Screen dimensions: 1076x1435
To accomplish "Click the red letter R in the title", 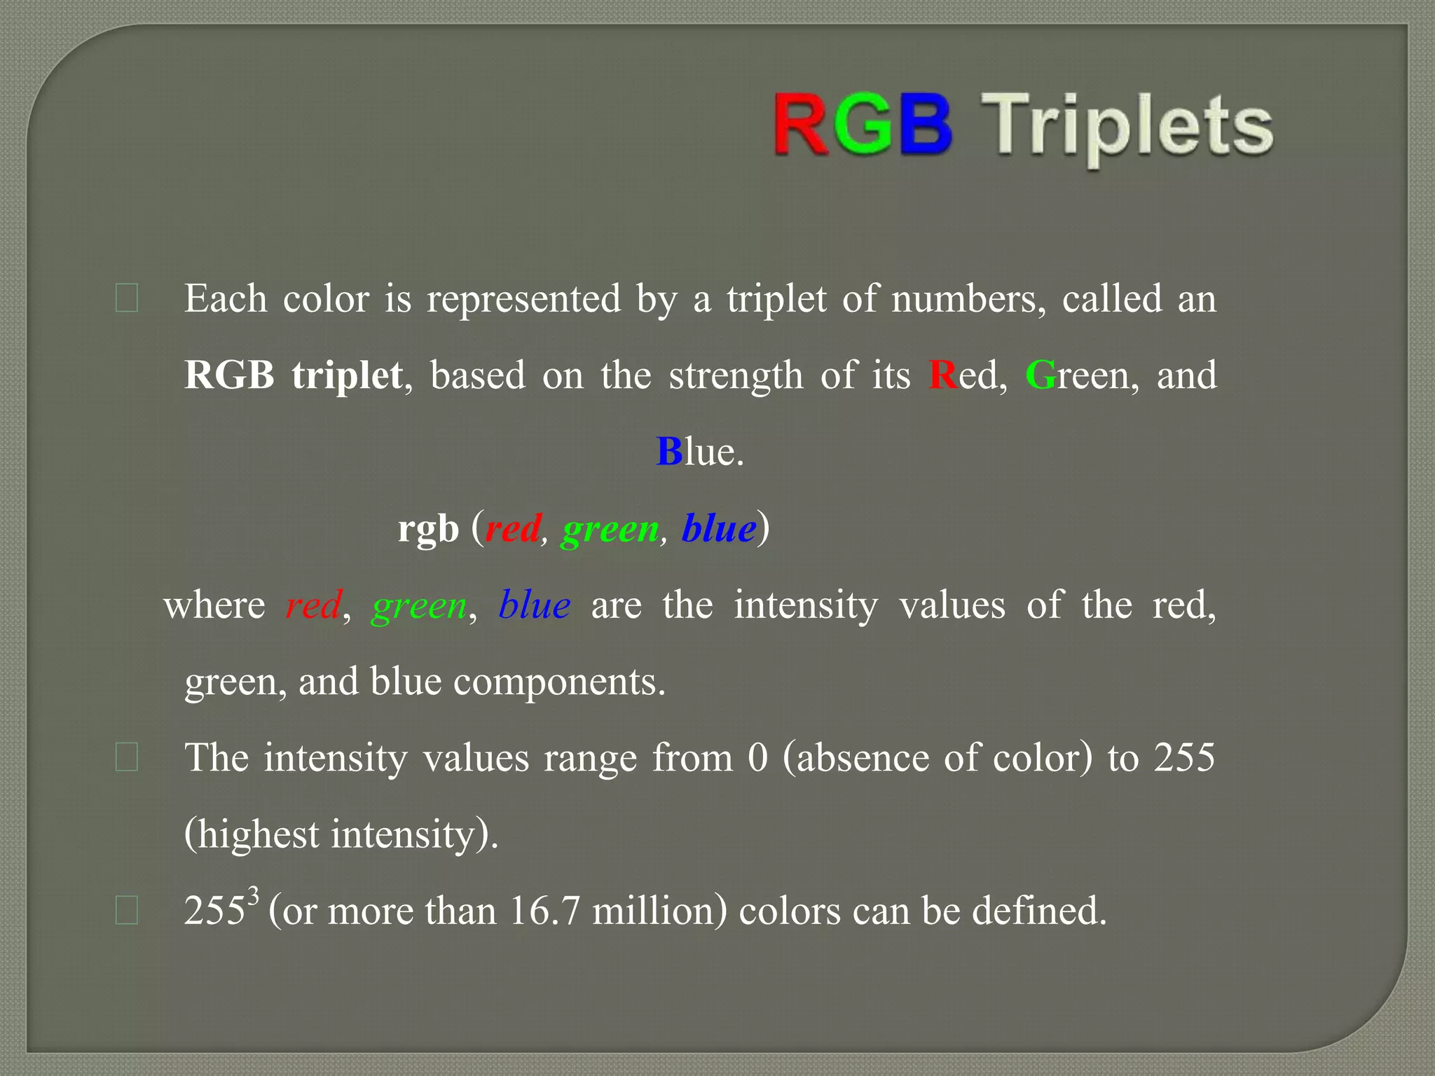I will point(803,126).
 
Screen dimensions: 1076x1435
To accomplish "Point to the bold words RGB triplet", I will point(293,375).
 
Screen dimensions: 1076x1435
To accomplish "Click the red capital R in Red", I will point(942,375).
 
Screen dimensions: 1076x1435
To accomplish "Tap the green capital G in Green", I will point(1041,375).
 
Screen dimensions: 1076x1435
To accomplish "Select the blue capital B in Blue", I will point(669,452).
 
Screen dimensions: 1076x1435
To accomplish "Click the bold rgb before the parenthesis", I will point(428,529).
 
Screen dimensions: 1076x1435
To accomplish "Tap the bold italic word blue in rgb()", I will point(719,528).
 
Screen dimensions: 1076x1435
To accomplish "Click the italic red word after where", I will point(313,605).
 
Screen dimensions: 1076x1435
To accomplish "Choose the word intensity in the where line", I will point(806,605).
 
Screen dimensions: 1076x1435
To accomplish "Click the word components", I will point(558,682).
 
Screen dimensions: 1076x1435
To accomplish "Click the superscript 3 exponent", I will point(254,895).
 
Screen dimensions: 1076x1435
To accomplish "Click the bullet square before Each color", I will point(126,298).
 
